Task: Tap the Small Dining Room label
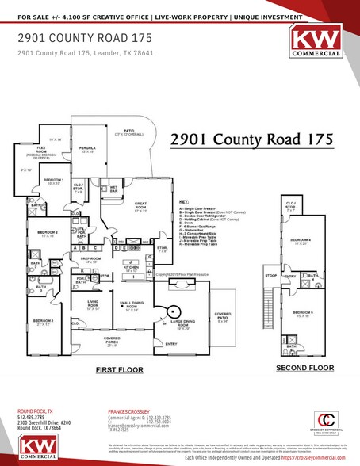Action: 131,307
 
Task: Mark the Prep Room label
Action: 90,258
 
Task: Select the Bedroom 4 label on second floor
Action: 300,241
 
